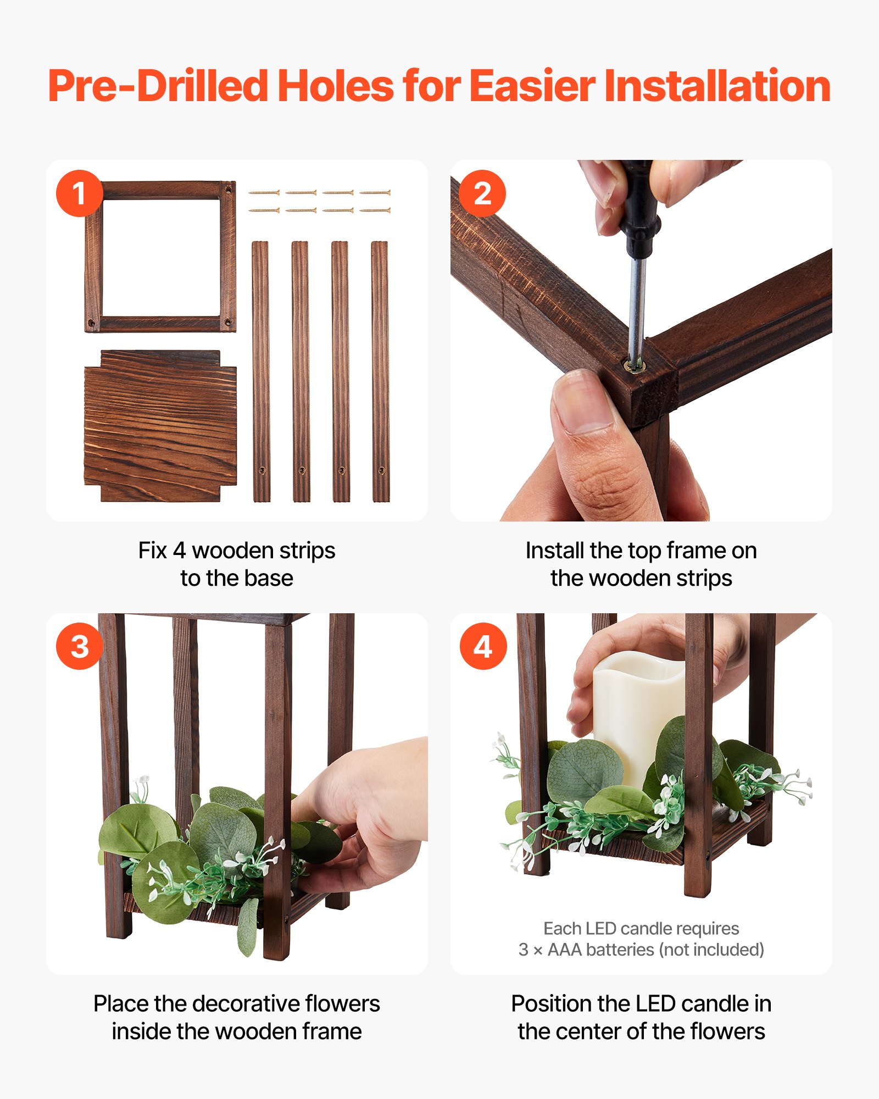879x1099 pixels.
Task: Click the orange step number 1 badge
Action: point(80,193)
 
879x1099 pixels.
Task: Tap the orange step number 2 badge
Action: point(482,193)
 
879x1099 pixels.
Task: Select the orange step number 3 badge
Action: point(80,646)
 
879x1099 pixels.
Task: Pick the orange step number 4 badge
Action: point(482,646)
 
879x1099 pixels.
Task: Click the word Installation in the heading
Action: point(717,87)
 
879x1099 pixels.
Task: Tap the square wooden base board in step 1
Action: point(160,426)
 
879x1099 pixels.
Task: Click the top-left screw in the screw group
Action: point(264,193)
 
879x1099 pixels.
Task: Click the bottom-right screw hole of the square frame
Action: point(228,322)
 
